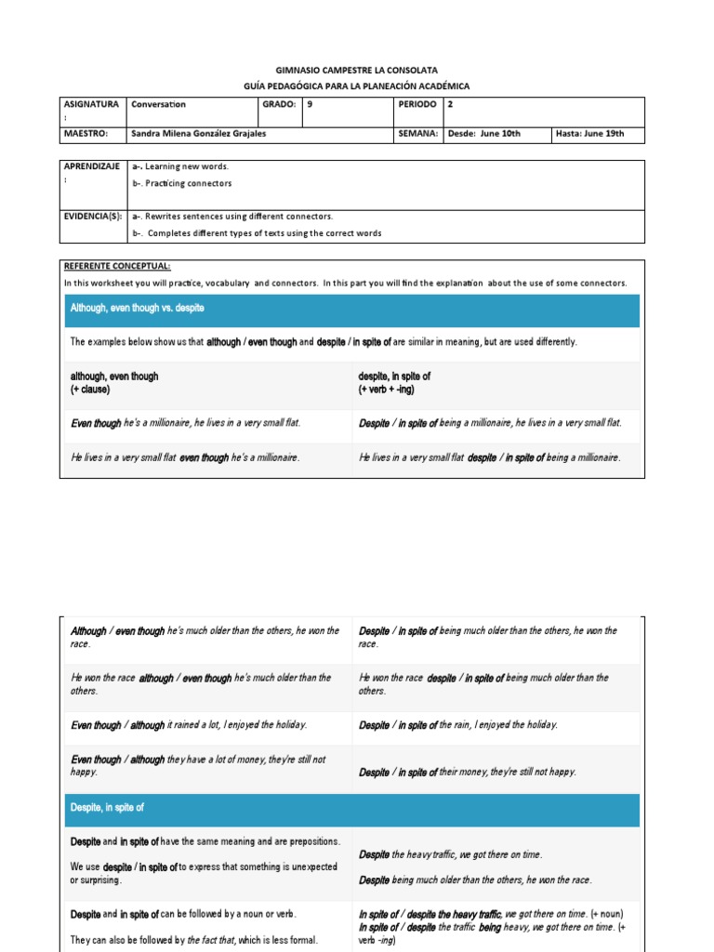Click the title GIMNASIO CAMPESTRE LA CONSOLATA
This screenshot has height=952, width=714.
point(357,70)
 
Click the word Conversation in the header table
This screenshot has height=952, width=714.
point(159,105)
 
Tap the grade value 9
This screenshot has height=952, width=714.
point(310,105)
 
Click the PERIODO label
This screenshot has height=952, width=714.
point(416,105)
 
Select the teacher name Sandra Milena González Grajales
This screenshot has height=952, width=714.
point(205,134)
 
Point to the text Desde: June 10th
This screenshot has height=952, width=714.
point(483,134)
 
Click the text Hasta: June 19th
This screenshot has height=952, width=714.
point(589,134)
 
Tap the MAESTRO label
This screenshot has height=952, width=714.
point(86,134)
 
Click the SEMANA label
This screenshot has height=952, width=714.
point(417,134)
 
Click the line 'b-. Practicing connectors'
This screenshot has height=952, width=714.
point(182,183)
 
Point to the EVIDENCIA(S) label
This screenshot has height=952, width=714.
point(92,216)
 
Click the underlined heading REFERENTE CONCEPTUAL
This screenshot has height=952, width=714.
point(117,266)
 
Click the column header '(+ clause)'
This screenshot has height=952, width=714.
point(90,390)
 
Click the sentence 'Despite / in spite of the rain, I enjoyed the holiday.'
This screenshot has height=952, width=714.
point(458,725)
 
